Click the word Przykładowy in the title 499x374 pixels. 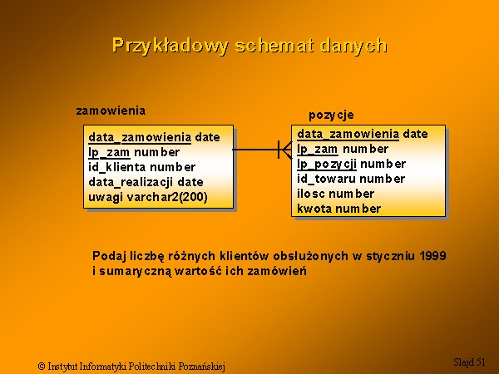[170, 46]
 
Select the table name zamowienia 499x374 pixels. [111, 111]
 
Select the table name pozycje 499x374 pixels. [331, 116]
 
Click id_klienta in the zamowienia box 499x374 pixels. [117, 167]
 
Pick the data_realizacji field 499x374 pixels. [131, 182]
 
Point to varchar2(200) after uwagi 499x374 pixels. [167, 197]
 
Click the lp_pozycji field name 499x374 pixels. [327, 164]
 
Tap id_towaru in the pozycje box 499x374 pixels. [326, 179]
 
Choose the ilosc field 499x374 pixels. [311, 194]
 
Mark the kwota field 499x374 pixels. [314, 209]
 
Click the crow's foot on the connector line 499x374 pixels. [284, 150]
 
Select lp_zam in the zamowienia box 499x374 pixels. [109, 152]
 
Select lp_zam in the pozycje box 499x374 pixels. [318, 149]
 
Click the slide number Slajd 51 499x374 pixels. [469, 362]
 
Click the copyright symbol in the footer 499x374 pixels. [42, 366]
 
